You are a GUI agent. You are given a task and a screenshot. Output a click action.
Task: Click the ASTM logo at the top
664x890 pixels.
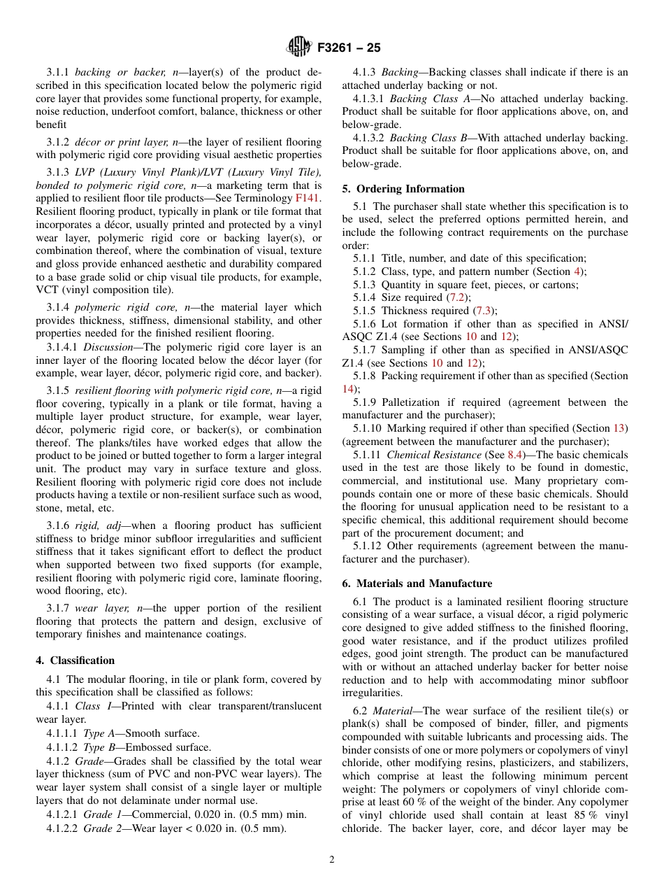coord(299,48)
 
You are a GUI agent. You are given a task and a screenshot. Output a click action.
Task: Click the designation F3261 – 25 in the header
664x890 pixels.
coord(349,48)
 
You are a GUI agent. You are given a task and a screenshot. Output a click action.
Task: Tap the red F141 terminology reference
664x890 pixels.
coord(308,199)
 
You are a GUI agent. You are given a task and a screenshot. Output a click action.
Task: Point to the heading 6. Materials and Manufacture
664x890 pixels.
coord(417,584)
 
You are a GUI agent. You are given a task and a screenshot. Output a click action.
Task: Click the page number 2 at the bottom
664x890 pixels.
coord(332,860)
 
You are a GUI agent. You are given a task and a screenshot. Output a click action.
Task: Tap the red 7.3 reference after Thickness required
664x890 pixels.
coord(482,311)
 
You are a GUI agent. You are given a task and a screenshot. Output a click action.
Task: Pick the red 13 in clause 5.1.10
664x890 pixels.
coord(619,428)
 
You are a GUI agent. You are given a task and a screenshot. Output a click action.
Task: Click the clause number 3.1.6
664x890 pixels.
coord(59,525)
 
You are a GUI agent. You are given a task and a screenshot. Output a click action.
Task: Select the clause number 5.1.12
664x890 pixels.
coord(368,546)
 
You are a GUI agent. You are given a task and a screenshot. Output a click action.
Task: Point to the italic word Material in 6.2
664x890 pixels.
coord(391,711)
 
